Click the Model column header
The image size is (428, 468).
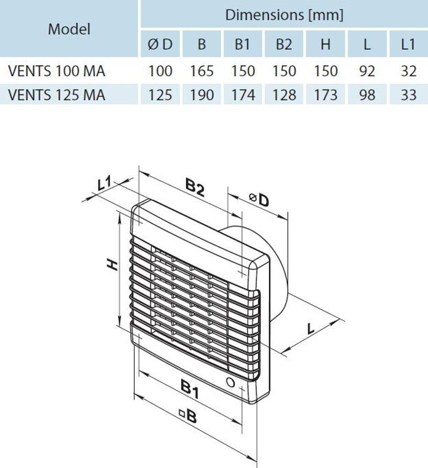69,29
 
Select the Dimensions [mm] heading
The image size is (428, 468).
284,15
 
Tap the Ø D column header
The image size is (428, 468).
160,45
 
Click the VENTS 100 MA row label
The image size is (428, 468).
57,71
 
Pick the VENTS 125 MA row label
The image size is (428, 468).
57,95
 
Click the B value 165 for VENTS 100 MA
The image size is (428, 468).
202,71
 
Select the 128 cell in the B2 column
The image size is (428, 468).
284,95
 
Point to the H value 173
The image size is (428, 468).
325,95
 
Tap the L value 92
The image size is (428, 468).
367,71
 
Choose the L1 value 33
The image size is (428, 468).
408,95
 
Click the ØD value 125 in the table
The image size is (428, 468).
160,95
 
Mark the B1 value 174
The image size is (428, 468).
243,95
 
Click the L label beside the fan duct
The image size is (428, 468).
311,328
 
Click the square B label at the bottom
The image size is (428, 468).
188,415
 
